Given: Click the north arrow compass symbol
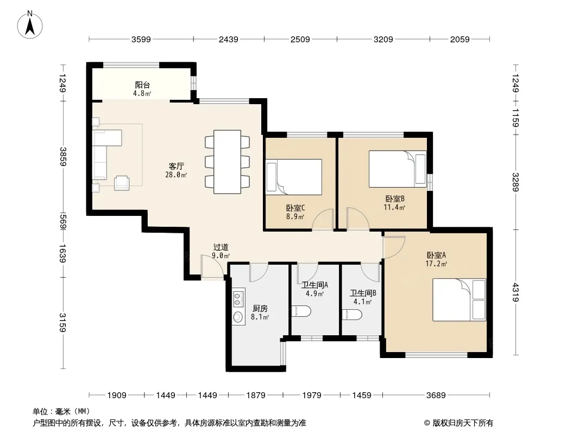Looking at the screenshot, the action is (x=30, y=25).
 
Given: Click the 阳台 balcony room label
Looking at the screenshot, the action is (x=142, y=85).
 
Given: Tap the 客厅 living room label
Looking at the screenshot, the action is (x=176, y=167).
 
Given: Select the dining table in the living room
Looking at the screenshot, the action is (x=228, y=162).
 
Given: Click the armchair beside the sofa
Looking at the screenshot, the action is (x=122, y=183).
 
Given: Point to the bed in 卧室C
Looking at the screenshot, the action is (x=294, y=177).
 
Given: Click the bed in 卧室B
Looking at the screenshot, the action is (x=398, y=169).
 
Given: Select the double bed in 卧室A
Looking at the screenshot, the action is (x=460, y=300).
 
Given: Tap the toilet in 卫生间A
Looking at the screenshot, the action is (x=301, y=311).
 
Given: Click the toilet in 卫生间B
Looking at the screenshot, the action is (x=352, y=315).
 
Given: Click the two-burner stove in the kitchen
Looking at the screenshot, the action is (x=238, y=299).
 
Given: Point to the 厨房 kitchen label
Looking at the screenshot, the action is (x=260, y=309).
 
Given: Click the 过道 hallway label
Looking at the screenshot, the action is (x=221, y=247).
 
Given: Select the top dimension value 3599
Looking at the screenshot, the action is (x=141, y=40).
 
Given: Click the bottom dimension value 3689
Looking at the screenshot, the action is (x=436, y=395).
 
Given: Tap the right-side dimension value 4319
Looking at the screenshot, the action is (x=515, y=292).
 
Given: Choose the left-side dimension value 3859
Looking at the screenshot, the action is (x=64, y=156).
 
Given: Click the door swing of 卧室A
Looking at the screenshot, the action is (x=394, y=247).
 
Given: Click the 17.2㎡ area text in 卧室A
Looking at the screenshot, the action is (x=436, y=264).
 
